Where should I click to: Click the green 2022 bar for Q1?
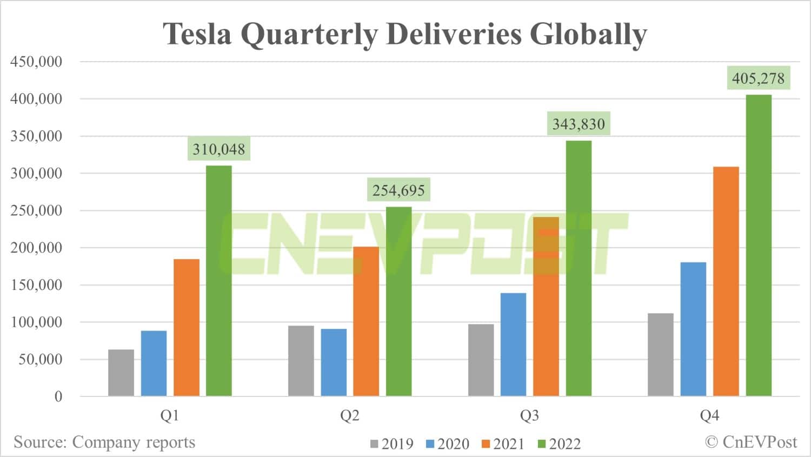click(219, 281)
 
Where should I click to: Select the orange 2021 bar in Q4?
click(726, 281)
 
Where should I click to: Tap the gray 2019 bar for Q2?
click(301, 361)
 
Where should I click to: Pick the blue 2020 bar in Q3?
click(513, 345)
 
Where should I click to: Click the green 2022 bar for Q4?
click(759, 246)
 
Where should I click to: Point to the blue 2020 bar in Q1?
click(154, 363)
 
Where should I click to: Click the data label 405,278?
click(758, 78)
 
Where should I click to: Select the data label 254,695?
click(398, 190)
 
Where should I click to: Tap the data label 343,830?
click(578, 124)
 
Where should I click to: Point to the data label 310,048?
click(218, 149)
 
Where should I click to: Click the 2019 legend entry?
click(391, 444)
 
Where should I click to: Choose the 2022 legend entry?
click(559, 444)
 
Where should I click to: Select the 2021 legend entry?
click(503, 444)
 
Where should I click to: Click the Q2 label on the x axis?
click(349, 415)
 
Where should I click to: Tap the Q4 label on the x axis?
click(709, 415)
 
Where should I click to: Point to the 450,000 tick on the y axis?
click(36, 62)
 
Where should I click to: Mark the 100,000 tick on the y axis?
click(36, 322)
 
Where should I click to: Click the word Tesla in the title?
click(197, 34)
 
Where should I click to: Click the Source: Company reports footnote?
click(104, 442)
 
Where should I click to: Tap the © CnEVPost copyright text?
click(751, 442)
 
